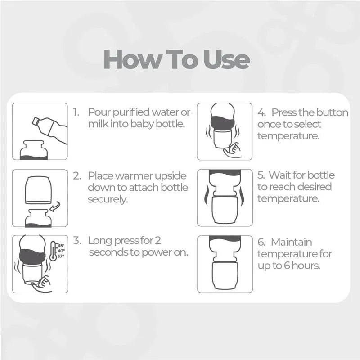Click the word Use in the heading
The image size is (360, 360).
pos(226,59)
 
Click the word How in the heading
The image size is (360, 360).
pos(132,59)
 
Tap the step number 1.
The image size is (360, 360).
pos(76,112)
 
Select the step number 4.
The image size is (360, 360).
pos(261,113)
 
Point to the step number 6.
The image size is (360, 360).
pos(261,242)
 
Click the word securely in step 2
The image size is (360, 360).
pos(108,199)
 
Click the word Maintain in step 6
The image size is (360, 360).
pos(291,242)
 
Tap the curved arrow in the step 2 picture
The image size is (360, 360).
pos(55,207)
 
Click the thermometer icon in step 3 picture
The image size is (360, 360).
pos(53,251)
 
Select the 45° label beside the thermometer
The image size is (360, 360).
pos(61,245)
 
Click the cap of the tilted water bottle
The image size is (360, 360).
pos(36,121)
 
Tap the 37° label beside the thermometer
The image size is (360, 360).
pos(61,256)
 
